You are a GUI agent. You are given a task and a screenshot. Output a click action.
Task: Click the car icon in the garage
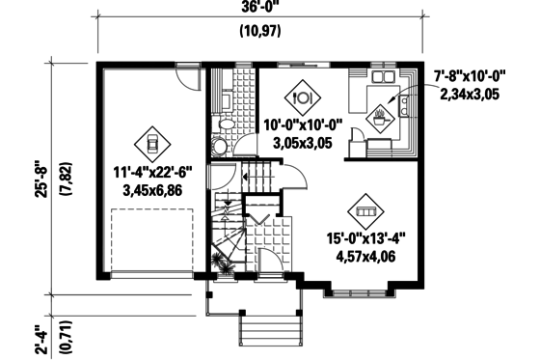point(151,144)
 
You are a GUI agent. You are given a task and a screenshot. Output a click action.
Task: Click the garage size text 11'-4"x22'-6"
point(152,174)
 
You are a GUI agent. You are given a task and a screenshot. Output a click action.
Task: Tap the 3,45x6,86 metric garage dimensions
point(152,191)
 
